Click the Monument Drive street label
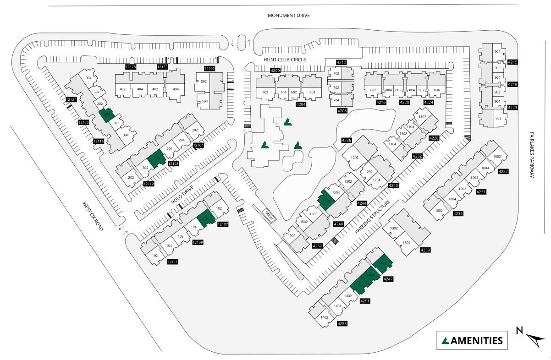[288, 16]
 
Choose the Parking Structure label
[372, 217]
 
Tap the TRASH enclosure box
[268, 215]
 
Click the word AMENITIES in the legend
[477, 341]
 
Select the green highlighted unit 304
[107, 115]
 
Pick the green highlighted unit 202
[156, 158]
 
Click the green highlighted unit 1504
[327, 201]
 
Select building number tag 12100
[209, 68]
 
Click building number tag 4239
[425, 250]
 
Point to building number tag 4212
[341, 62]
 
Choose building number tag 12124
[71, 99]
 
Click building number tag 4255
[342, 324]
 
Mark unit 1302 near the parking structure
[393, 228]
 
